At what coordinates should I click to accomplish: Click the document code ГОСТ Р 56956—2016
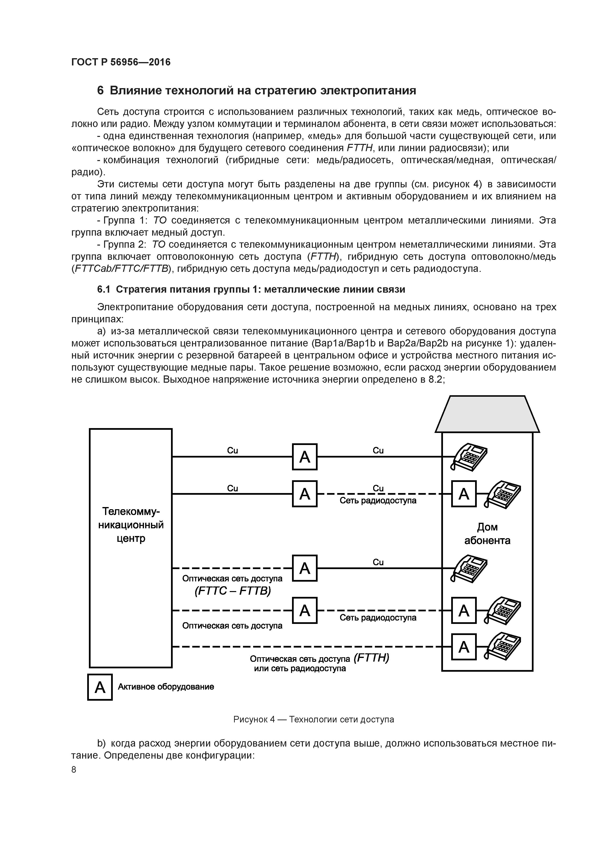[x=121, y=62]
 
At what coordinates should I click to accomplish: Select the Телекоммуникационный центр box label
[x=131, y=525]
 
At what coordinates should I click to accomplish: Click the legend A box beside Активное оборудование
[x=100, y=687]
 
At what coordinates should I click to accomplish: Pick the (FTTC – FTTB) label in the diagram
[x=233, y=591]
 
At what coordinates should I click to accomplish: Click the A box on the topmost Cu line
[x=305, y=457]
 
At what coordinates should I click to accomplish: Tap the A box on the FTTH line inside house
[x=464, y=647]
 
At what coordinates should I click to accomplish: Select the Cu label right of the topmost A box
[x=378, y=451]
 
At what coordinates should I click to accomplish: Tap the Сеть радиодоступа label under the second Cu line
[x=378, y=501]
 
